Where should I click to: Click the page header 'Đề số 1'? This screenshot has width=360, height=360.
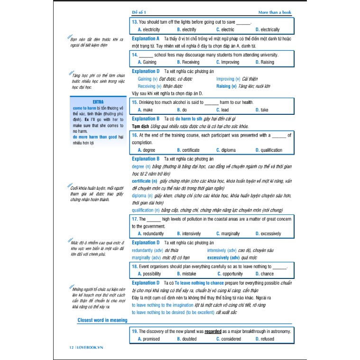(x=140, y=12)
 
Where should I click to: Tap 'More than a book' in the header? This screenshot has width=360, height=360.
(x=274, y=12)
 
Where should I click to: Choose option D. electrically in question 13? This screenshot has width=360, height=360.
(x=268, y=29)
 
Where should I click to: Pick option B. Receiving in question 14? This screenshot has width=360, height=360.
(x=188, y=62)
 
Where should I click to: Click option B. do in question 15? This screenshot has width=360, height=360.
(x=182, y=110)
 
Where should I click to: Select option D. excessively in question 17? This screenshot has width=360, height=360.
(x=268, y=233)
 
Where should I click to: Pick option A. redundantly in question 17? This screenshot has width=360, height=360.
(x=150, y=233)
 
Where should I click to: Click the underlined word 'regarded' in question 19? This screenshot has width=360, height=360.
(x=214, y=331)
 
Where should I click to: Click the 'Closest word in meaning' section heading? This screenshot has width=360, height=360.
(x=102, y=320)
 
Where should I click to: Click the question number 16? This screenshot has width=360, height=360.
(x=135, y=135)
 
